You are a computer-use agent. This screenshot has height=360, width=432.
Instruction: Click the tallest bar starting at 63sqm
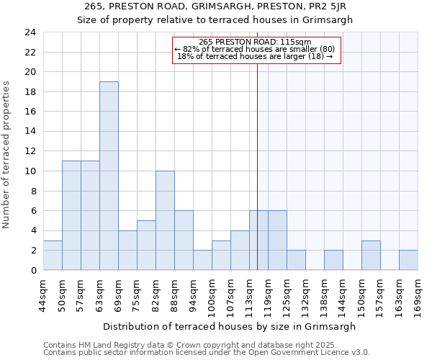click(109, 176)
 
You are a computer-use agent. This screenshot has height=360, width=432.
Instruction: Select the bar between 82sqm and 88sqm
click(165, 220)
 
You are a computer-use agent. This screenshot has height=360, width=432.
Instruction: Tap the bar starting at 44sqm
click(53, 255)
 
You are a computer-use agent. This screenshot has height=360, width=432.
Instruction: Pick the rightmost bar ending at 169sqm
click(408, 260)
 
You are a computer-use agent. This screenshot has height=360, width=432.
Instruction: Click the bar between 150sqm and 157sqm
click(371, 255)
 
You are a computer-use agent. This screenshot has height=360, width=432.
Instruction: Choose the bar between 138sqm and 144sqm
click(333, 260)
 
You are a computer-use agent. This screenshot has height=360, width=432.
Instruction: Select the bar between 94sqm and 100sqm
click(202, 260)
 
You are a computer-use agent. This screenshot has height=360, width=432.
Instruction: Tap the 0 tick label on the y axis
click(33, 270)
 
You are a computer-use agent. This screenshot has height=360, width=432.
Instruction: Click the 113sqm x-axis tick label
click(249, 295)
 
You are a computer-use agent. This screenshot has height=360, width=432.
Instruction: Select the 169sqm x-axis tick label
click(418, 295)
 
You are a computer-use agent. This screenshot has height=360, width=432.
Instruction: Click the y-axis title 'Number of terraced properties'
click(7, 155)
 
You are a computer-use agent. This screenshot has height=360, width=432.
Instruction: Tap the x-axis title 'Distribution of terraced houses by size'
click(229, 326)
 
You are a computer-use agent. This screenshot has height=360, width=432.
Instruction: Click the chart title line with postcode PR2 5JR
click(215, 6)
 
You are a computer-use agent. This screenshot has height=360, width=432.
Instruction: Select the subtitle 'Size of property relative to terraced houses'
click(215, 20)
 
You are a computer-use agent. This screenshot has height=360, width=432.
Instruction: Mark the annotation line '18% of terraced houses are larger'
click(255, 57)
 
